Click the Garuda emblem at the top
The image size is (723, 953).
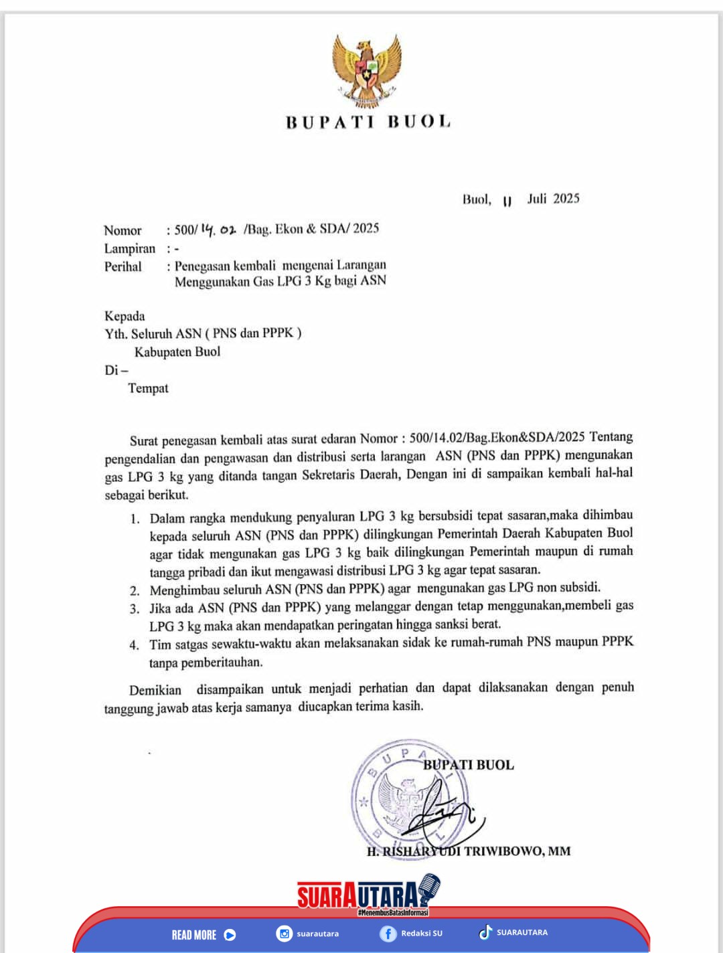(368, 72)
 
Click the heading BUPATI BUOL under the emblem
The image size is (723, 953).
(368, 122)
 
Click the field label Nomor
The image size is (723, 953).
(123, 230)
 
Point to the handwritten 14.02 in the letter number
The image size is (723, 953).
(218, 230)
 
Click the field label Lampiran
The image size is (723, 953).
(129, 248)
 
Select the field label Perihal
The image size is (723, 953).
(123, 266)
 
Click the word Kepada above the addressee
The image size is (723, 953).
(125, 316)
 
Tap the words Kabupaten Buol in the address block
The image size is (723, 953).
(177, 351)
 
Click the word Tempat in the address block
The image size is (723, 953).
(148, 388)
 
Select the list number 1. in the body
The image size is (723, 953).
(135, 519)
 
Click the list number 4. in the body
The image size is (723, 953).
(135, 645)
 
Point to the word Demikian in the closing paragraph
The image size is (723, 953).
(155, 690)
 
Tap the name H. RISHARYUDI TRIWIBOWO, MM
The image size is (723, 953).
(469, 851)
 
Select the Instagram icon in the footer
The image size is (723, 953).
(285, 934)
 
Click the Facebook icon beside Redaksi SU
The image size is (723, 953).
(388, 934)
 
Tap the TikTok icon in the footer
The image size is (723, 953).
(485, 932)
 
